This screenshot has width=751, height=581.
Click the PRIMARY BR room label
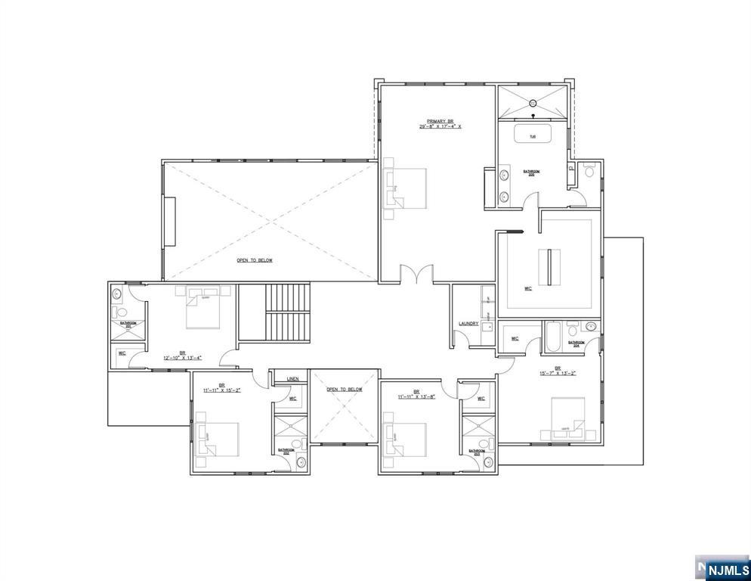[x=440, y=121]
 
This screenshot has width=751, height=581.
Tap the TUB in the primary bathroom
[x=533, y=135]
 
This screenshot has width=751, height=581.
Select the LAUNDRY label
[x=468, y=325]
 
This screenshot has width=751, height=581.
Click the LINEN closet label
[x=293, y=380]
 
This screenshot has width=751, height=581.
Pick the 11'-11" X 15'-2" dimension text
[x=221, y=390]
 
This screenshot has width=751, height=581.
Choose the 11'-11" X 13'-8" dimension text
[x=416, y=396]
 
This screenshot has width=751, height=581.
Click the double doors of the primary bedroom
[x=416, y=274]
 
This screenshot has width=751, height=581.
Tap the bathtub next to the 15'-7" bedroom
[x=553, y=337]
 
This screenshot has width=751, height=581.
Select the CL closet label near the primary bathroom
[x=571, y=169]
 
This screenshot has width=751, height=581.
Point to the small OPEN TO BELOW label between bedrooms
[x=344, y=390]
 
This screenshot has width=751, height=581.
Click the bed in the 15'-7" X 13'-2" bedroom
[x=567, y=418]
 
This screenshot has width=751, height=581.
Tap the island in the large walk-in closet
[x=549, y=263]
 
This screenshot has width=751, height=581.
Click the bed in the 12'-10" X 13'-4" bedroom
[x=202, y=309]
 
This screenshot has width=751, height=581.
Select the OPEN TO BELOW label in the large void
[x=254, y=260]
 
